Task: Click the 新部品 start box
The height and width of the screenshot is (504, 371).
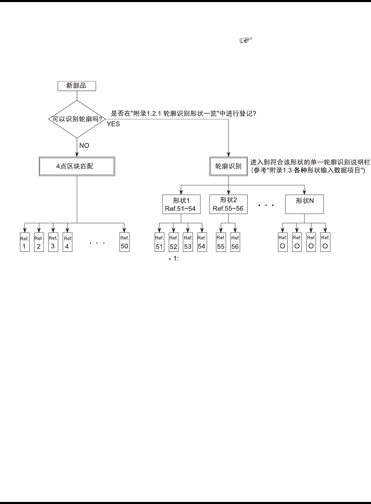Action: pos(76,86)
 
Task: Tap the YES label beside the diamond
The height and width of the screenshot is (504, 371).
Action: pos(113,124)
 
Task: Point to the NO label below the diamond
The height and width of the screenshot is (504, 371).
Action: pos(84,145)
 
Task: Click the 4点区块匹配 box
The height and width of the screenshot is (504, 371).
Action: pos(77,166)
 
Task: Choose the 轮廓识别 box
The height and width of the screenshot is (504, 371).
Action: pos(228,166)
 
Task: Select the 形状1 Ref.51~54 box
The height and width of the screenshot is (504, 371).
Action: pos(181,204)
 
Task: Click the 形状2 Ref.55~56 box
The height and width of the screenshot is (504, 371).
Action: pos(228,204)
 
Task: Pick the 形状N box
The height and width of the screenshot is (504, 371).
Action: pos(305,204)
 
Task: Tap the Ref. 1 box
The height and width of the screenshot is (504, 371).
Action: pos(24,243)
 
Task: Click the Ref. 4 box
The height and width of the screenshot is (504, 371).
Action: pos(68,243)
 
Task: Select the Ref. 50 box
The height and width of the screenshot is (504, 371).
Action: pos(124,243)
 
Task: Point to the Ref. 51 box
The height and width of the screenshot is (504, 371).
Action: pos(159,243)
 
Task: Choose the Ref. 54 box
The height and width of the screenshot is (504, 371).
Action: pos(202,243)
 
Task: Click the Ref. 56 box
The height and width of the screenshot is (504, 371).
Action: pos(235,243)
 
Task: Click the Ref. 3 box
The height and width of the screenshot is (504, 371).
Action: pos(53,243)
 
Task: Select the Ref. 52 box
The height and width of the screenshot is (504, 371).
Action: pos(173,243)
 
